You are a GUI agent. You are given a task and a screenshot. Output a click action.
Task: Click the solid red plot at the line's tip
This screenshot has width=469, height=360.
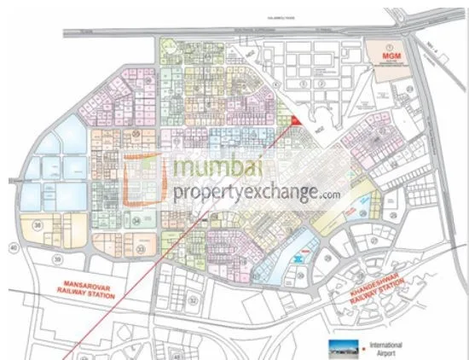(x=293, y=122)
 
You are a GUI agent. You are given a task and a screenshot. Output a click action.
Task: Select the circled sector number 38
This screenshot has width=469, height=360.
(x=38, y=224)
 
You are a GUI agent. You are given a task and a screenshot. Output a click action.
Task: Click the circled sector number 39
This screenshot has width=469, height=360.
(x=57, y=258)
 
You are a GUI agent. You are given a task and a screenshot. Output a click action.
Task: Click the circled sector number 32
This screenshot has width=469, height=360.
(x=193, y=300)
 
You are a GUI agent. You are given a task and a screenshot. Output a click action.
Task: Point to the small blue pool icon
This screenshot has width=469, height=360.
(x=298, y=256)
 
